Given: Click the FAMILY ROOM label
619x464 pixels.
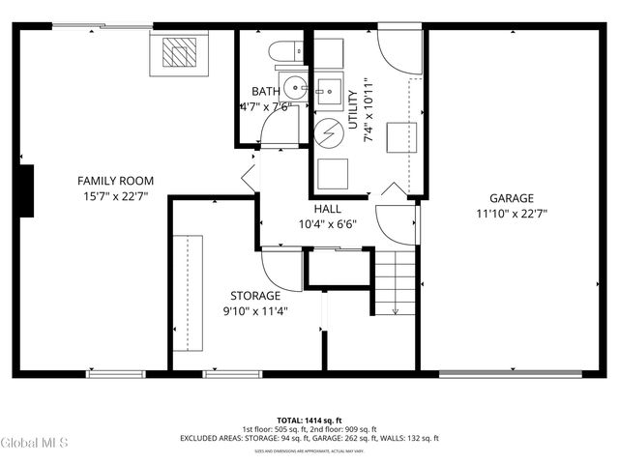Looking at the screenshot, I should [116, 181].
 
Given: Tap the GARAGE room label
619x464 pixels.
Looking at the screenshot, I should [511, 198].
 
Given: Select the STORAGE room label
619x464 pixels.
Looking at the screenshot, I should [255, 296].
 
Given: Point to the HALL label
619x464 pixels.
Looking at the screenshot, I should [327, 209].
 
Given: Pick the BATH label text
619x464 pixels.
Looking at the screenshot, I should [266, 92].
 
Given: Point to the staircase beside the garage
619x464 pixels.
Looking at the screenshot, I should [395, 280].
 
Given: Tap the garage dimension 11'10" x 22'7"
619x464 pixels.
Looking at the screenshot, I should [511, 214].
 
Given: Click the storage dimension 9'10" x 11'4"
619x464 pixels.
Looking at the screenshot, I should [255, 311].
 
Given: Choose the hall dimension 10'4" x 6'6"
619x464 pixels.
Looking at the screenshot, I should [327, 224].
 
